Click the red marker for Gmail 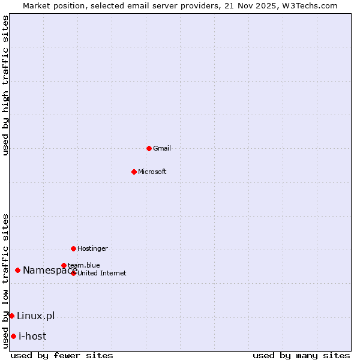point(149,148)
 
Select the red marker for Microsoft point(134,172)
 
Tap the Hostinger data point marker point(73,248)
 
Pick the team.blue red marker point(64,265)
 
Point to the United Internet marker point(73,273)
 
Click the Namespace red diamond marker point(17,270)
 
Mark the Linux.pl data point point(11,316)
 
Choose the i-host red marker point(13,336)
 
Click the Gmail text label point(162,148)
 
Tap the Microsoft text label point(152,172)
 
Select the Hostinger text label point(92,248)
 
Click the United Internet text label point(102,273)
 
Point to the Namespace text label point(50,270)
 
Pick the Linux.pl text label point(35,316)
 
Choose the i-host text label point(32,336)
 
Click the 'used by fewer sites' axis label point(62,355)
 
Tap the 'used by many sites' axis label point(301,355)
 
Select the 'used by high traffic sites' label point(5,85)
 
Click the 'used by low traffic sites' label point(5,281)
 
